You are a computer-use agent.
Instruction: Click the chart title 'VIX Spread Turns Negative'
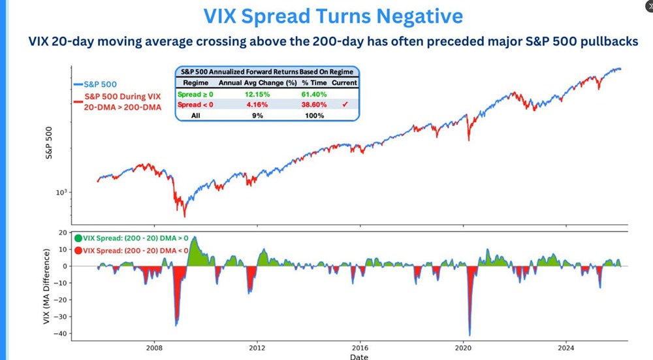point(333,16)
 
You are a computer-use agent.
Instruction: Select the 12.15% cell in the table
point(251,94)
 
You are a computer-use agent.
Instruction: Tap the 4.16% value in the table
point(251,105)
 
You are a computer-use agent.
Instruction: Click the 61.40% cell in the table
point(313,94)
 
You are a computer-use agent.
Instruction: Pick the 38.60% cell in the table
point(313,105)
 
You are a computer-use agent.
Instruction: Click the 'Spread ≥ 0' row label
point(195,94)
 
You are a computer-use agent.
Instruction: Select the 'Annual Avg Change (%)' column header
point(251,83)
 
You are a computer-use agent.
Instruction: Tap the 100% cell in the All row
point(313,115)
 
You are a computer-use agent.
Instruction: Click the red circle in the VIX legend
point(78,251)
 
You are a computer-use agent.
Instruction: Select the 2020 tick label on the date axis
point(464,348)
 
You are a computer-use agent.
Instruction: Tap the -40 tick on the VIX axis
point(62,334)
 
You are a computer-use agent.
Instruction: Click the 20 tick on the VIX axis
point(64,233)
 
